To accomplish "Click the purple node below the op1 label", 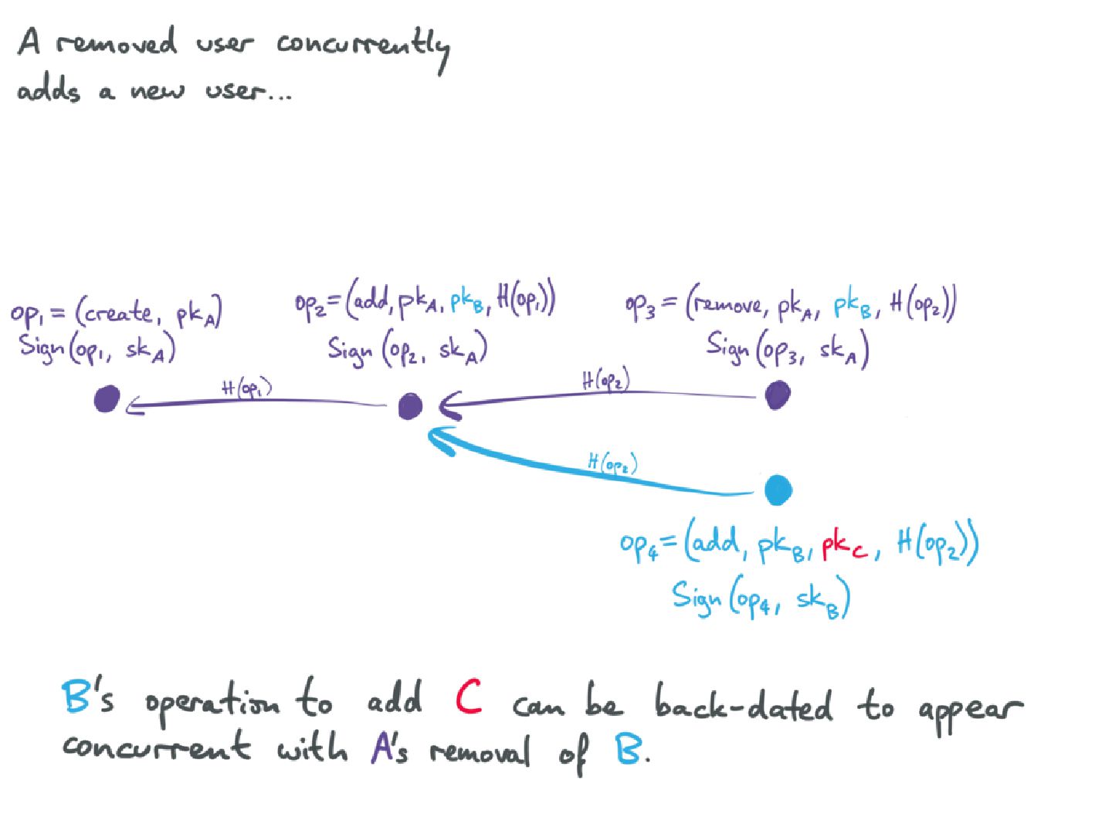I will [x=107, y=399].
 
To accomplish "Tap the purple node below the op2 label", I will [x=410, y=405].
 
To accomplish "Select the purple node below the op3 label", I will [x=777, y=395].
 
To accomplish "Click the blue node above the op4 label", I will [x=778, y=490].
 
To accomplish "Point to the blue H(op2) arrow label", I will [x=612, y=463].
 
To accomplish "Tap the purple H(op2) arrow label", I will [x=605, y=380].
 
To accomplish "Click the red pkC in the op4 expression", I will [x=845, y=547].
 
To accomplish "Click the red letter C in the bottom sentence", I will [x=469, y=697].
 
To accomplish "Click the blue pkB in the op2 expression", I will [x=467, y=301].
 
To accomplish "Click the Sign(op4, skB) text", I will [x=761, y=598].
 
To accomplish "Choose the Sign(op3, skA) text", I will [x=788, y=349].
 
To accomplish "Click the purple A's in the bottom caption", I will [x=388, y=749].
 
